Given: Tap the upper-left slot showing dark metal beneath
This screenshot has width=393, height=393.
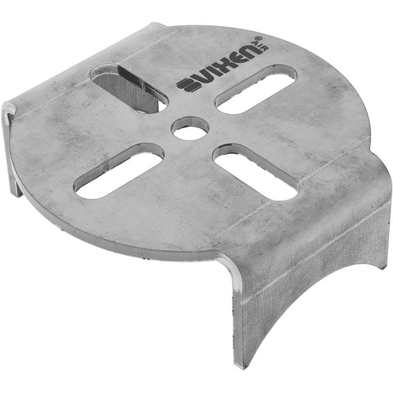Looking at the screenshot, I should (129, 89).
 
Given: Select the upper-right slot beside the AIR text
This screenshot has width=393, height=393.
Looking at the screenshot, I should (256, 89).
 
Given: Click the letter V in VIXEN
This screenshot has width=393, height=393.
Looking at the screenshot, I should (200, 78).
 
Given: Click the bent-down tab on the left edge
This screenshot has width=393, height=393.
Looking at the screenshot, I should (10, 150).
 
